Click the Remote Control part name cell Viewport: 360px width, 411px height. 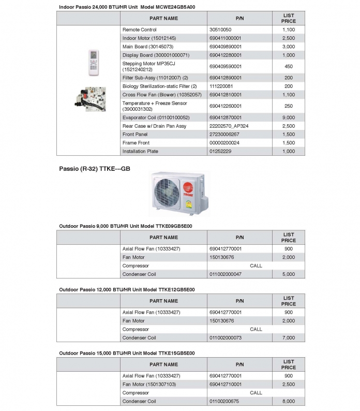click(140, 30)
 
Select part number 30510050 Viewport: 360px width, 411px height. click(220, 30)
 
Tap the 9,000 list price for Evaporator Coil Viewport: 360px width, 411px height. click(289, 118)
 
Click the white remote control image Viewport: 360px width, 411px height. click(93, 60)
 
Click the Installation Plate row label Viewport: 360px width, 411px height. click(140, 152)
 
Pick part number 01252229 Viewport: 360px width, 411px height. click(220, 152)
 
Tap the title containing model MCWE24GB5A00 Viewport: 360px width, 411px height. click(127, 7)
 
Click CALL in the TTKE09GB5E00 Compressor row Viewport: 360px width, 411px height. click(256, 266)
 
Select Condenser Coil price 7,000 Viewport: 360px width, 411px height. click(289, 337)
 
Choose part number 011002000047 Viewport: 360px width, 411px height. click(226, 274)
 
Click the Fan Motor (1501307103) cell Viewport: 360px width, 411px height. click(149, 385)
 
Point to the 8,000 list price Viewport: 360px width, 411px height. click(289, 401)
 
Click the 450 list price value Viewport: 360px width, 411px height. click(289, 66)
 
